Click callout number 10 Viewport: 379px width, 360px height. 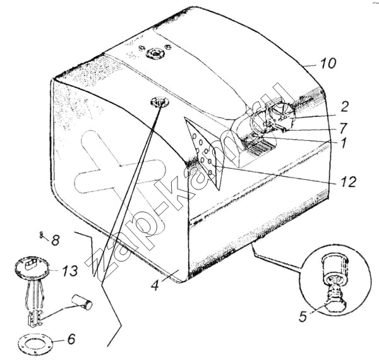(328, 63)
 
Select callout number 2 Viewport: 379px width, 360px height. (345, 107)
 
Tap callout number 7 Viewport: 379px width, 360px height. (343, 128)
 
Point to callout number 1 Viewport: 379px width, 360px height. (344, 143)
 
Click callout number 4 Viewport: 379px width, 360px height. (155, 285)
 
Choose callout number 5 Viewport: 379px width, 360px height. (303, 316)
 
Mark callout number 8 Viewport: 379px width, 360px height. (56, 240)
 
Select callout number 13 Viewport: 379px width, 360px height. (70, 270)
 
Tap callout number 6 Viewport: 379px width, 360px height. (71, 339)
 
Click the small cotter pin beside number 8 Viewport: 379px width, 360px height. (42, 234)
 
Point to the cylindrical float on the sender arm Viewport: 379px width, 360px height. (81, 301)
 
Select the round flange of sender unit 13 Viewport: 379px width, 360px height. (32, 267)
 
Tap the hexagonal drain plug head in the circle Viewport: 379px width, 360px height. (336, 306)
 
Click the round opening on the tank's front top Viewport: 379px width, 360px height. (159, 102)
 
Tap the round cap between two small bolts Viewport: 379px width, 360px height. (155, 53)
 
